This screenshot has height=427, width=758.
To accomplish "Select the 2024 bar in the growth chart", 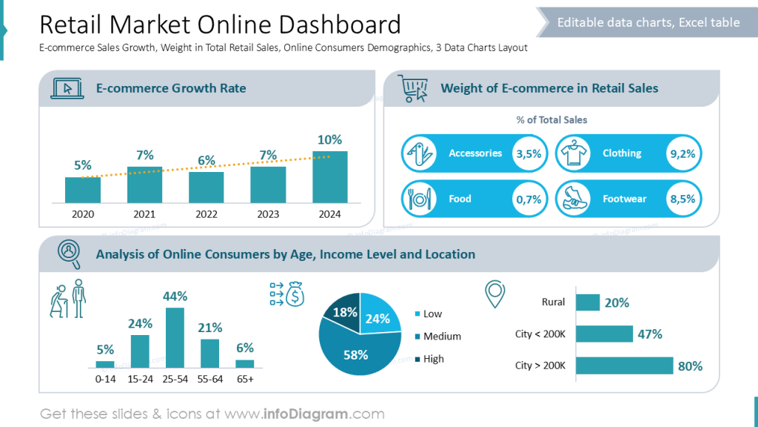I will [x=329, y=177].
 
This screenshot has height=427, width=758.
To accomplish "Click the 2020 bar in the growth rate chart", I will [x=83, y=190].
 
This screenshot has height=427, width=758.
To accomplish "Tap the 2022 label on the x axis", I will [x=206, y=215].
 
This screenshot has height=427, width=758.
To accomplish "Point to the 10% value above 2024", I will [x=329, y=140].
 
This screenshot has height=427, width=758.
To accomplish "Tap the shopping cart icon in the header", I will [x=413, y=88].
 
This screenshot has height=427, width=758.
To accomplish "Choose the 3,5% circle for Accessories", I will [x=529, y=153].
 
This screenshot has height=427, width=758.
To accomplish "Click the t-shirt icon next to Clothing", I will [x=573, y=153].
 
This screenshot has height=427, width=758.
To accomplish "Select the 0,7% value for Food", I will [x=529, y=199].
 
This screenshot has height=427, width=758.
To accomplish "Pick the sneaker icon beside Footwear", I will [x=573, y=199].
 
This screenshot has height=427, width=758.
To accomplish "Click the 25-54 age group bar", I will [x=175, y=337].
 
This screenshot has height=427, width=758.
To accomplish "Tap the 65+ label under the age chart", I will [x=245, y=379].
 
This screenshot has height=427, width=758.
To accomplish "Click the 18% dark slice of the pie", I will [x=344, y=313].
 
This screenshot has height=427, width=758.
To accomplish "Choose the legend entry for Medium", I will [x=442, y=337].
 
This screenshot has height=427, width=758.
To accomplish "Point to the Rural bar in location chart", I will [x=588, y=302].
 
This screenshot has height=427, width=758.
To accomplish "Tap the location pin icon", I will [x=494, y=294].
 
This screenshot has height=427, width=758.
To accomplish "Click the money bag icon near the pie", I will [x=295, y=294].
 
